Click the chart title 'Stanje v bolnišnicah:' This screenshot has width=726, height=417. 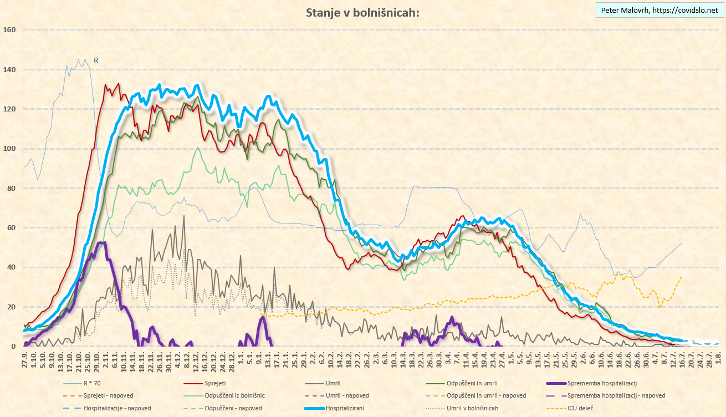point(362,13)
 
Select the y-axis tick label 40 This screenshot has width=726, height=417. point(11,267)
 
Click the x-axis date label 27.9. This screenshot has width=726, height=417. point(25,358)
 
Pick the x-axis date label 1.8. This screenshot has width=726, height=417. point(718,357)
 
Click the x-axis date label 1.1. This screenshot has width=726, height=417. point(241,357)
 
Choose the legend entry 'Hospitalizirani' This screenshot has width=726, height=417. point(349,408)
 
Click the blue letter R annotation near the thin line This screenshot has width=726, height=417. point(96,60)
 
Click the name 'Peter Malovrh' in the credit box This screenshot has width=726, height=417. point(624,10)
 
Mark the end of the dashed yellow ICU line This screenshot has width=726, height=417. point(681,276)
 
